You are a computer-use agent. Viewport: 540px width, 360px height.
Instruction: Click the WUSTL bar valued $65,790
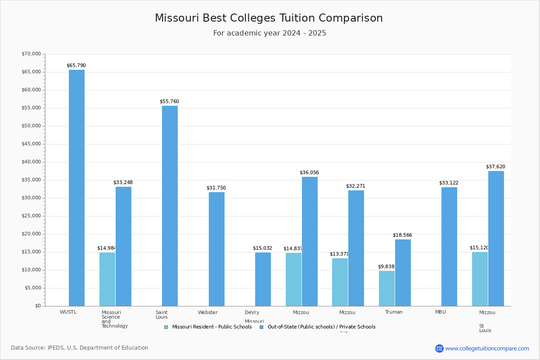[x=76, y=188]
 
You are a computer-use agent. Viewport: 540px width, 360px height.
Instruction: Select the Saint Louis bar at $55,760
[x=170, y=206]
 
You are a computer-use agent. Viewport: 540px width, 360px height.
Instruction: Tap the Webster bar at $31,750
[x=216, y=249]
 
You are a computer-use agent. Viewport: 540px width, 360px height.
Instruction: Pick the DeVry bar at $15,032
[x=263, y=279]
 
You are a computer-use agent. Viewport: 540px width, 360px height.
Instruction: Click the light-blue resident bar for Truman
[x=387, y=288]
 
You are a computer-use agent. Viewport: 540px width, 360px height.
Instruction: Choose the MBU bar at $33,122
[x=449, y=246]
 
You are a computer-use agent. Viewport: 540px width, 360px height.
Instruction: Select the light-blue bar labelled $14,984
[x=107, y=279]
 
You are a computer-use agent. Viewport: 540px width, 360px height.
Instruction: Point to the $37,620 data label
[x=495, y=167]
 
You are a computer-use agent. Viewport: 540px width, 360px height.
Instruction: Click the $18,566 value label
[x=402, y=235]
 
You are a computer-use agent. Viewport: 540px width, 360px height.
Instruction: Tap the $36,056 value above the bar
[x=309, y=173]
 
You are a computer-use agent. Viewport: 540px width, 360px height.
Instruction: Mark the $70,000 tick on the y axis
[x=31, y=54]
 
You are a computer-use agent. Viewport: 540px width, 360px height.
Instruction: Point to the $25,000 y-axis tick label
[x=31, y=216]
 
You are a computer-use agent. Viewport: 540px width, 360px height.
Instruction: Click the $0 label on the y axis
[x=38, y=306]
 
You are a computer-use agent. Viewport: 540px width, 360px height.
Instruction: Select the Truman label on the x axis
[x=394, y=312]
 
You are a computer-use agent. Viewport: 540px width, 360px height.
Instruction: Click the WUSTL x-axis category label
[x=68, y=312]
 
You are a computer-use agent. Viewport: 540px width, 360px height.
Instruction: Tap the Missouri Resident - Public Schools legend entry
[x=208, y=327]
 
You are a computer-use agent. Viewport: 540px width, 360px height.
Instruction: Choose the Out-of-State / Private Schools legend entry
[x=318, y=327]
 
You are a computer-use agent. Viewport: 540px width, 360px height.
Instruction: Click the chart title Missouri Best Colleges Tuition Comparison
[x=269, y=18]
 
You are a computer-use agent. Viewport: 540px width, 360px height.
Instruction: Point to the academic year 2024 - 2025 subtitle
[x=270, y=33]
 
